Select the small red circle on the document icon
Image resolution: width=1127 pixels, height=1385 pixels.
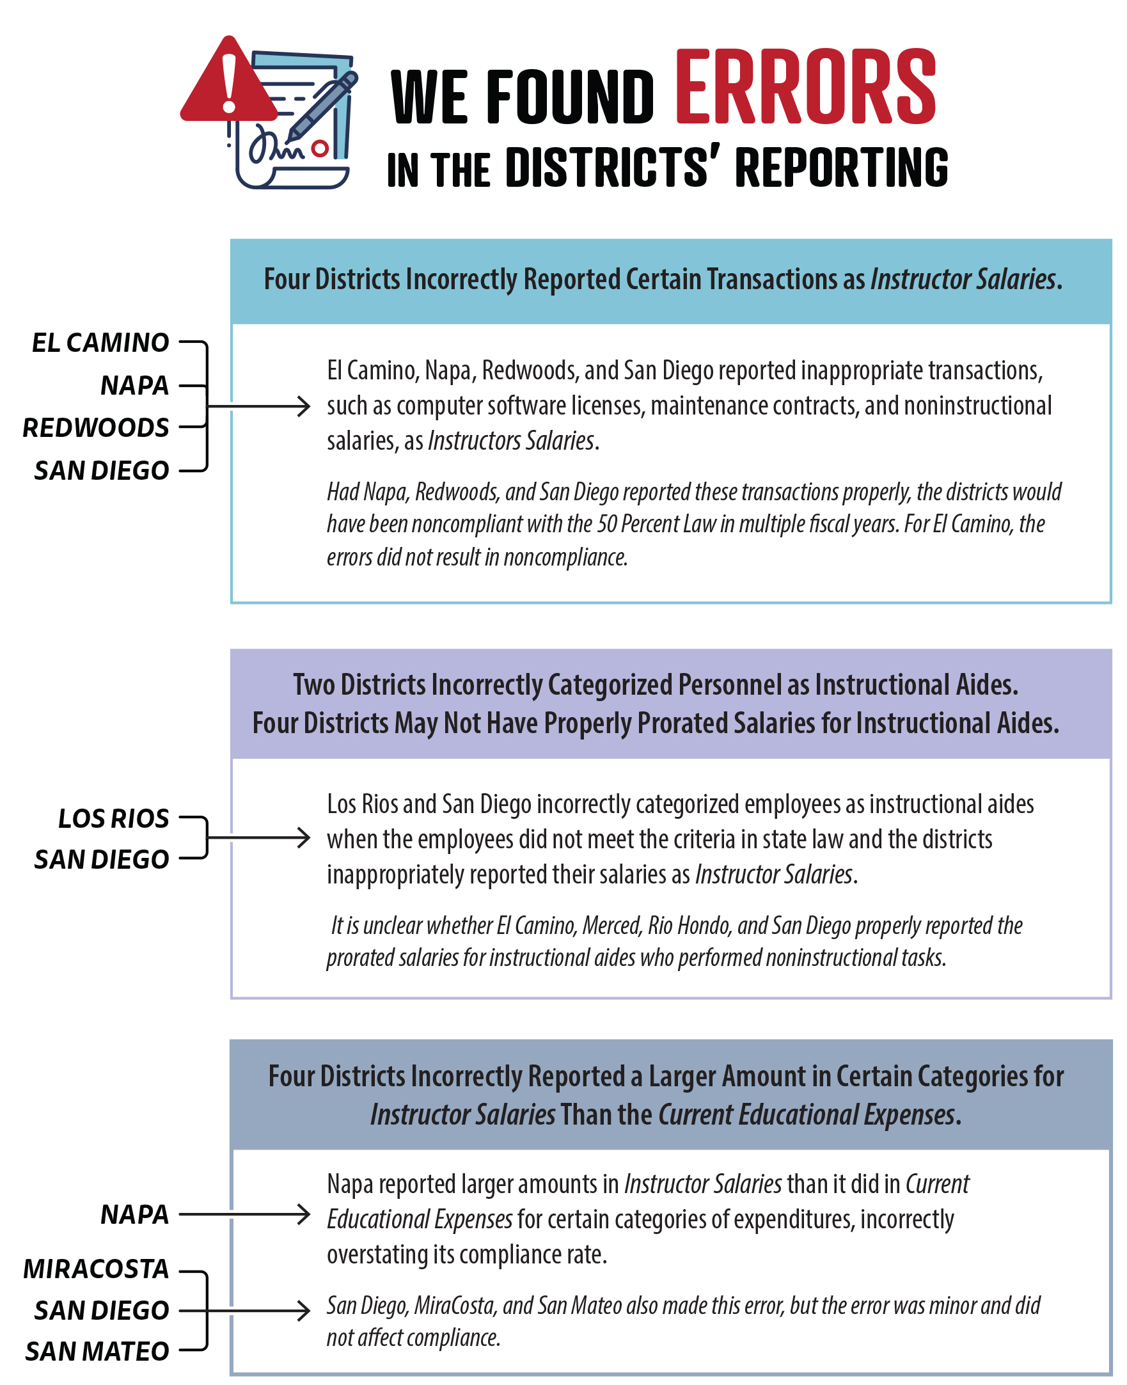319,148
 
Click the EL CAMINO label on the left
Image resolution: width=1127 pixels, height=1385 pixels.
100,342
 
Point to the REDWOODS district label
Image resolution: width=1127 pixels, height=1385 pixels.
96,427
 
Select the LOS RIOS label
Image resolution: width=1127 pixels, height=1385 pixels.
114,818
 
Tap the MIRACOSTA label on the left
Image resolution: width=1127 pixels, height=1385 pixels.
96,1268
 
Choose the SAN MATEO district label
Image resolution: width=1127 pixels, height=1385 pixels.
97,1351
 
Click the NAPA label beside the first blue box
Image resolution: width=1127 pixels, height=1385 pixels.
134,385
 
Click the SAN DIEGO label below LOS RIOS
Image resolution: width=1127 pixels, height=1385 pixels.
102,859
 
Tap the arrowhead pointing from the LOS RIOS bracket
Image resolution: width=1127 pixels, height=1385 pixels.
304,837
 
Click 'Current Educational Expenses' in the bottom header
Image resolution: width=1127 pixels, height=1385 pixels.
807,1115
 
